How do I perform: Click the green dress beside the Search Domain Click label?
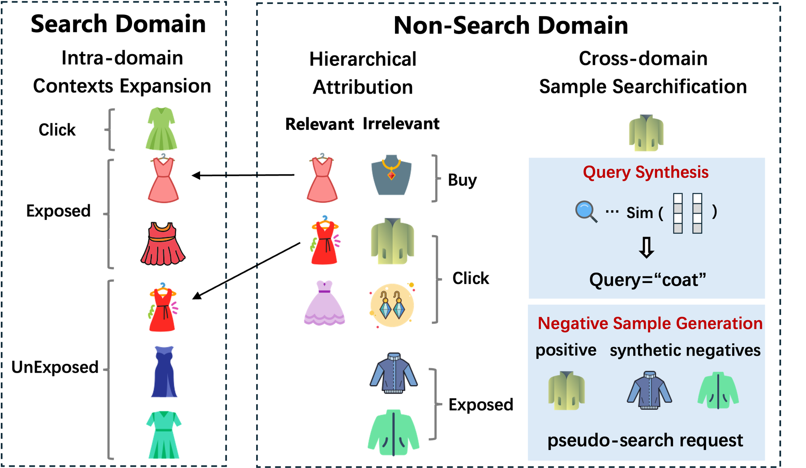[x=162, y=129]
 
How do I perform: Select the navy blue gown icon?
[x=164, y=372]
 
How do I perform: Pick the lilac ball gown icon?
[x=324, y=303]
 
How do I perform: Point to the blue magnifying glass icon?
[x=586, y=212]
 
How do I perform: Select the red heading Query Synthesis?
[x=646, y=172]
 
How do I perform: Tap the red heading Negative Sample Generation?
[x=650, y=323]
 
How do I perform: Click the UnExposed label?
[x=55, y=367]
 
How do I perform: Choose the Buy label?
[x=462, y=180]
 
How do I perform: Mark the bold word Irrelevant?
[x=401, y=124]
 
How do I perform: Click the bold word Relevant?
[x=319, y=124]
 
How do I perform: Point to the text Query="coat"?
[x=647, y=280]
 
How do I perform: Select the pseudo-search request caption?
[x=645, y=440]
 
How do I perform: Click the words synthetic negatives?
[x=685, y=350]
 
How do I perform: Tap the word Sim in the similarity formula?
[x=639, y=213]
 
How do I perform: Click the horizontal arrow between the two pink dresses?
[x=243, y=175]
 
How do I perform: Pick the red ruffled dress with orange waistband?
[x=163, y=244]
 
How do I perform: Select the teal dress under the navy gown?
[x=164, y=434]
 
